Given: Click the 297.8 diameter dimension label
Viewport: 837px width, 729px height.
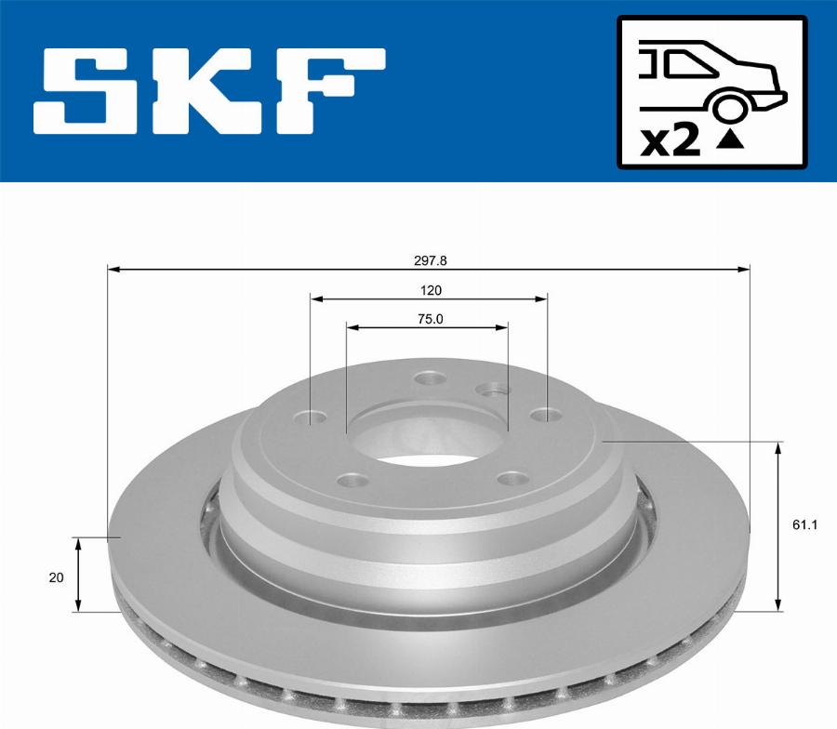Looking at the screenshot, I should pos(429,261).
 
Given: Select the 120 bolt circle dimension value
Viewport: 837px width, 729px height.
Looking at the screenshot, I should pos(429,290).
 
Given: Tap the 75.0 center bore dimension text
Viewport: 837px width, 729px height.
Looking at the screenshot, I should pos(429,318).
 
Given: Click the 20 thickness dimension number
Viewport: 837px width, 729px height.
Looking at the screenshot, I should pos(56,577).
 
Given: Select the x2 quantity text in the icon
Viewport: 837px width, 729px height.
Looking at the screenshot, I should pos(671,141).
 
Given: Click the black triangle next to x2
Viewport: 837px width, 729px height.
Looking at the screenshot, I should pos(732,140).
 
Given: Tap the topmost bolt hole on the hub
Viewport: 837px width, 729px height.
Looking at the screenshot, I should pos(430,378).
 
